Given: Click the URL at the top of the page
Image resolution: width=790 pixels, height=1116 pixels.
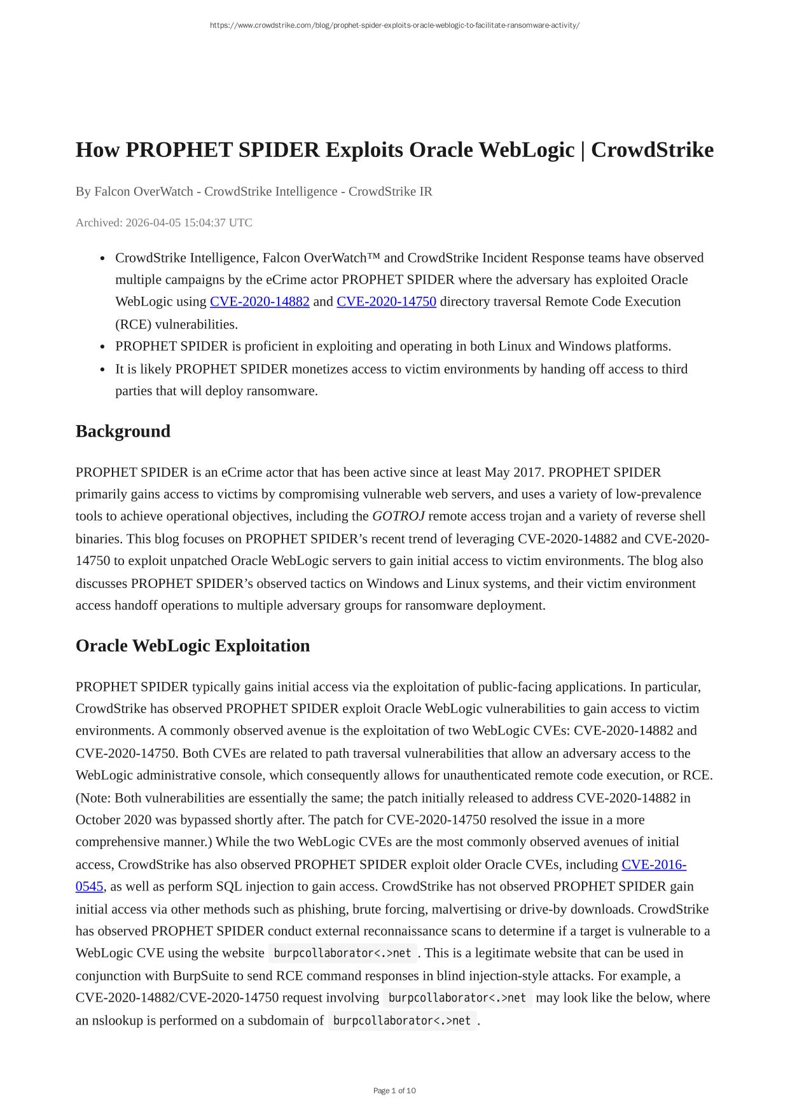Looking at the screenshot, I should pyautogui.click(x=394, y=25).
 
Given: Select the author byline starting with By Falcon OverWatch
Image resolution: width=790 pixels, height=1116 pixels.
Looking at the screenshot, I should pyautogui.click(x=254, y=191).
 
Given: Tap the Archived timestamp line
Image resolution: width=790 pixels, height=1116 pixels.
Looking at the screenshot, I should pyautogui.click(x=163, y=222).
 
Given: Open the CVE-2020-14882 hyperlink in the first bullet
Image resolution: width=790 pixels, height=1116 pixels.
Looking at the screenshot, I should pyautogui.click(x=260, y=302).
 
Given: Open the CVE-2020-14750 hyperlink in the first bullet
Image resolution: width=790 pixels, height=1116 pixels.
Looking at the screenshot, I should pyautogui.click(x=386, y=302).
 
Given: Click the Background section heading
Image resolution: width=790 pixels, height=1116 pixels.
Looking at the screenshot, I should pyautogui.click(x=123, y=431).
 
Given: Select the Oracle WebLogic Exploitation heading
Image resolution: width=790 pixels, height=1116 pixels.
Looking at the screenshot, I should pyautogui.click(x=192, y=646).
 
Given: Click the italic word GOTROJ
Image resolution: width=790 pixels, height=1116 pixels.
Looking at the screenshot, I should pyautogui.click(x=398, y=516).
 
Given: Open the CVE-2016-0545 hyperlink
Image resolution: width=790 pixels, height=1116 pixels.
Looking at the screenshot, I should pyautogui.click(x=653, y=864).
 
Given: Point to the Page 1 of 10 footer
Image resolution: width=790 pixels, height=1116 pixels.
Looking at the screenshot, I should pyautogui.click(x=394, y=1091).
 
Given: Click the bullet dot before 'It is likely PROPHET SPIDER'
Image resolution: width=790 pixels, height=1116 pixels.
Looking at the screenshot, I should pyautogui.click(x=102, y=369).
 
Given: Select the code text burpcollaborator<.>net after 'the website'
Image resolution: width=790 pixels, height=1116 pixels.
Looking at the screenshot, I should pyautogui.click(x=342, y=953).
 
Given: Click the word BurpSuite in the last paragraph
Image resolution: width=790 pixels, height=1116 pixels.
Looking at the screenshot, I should pyautogui.click(x=202, y=976).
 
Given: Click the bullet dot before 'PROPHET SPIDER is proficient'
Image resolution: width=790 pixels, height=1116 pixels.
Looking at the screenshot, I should pyautogui.click(x=102, y=347).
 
